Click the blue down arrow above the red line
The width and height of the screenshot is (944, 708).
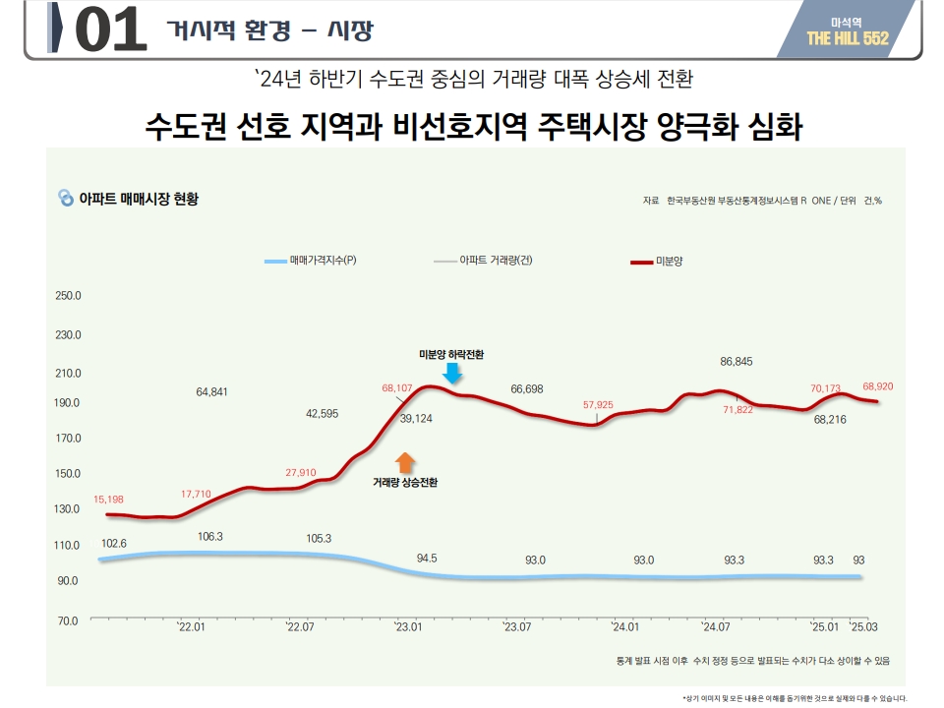click(x=451, y=374)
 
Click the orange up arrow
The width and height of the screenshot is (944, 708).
click(x=405, y=462)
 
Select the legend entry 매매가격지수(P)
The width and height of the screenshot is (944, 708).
click(x=310, y=261)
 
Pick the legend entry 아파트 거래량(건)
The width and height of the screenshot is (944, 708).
click(x=483, y=261)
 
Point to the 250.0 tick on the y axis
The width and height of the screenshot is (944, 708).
click(x=68, y=295)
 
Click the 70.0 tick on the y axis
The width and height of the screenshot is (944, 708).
click(x=68, y=621)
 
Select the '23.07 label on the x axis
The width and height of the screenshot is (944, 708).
click(x=516, y=626)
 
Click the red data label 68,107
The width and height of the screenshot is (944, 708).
click(x=397, y=387)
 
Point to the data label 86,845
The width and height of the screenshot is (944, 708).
click(x=736, y=362)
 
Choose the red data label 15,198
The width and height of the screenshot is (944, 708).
click(x=108, y=500)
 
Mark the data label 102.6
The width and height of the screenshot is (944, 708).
click(x=114, y=543)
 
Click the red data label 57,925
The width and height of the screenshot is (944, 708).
click(x=598, y=404)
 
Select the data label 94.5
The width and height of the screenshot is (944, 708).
click(x=427, y=558)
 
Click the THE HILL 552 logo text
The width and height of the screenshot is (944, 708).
click(x=847, y=38)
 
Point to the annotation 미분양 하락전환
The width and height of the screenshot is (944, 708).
click(x=451, y=353)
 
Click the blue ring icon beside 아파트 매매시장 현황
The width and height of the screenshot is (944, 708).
click(x=66, y=198)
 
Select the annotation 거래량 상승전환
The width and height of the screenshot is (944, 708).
click(x=405, y=483)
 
